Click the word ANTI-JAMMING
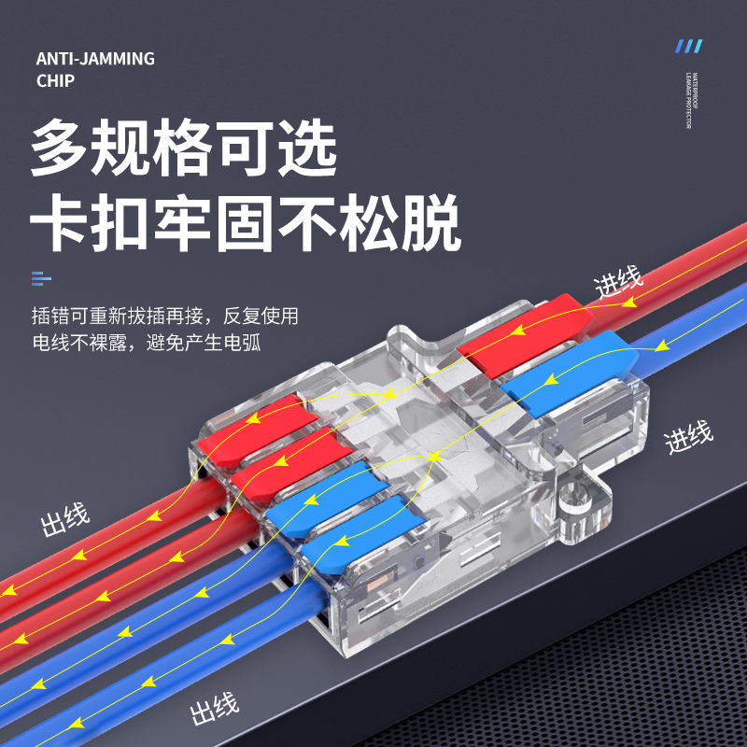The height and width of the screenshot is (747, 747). point(95,59)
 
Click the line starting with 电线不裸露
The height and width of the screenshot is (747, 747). point(146,343)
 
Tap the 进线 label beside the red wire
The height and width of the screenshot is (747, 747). point(619,281)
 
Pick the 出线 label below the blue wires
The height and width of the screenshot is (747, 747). point(215,711)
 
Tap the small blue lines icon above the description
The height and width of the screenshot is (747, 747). point(41,277)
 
